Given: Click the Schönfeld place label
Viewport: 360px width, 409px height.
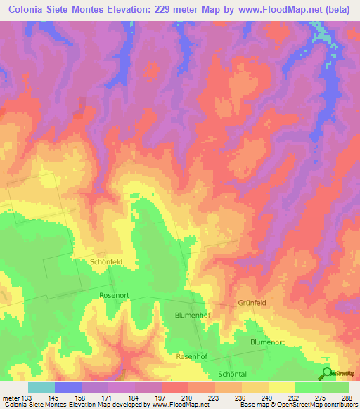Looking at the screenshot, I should tap(107, 261).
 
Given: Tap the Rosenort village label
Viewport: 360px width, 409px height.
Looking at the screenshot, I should tap(116, 296).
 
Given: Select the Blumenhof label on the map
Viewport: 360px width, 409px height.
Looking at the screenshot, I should tap(193, 316).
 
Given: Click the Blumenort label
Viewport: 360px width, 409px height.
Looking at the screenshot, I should tap(267, 342).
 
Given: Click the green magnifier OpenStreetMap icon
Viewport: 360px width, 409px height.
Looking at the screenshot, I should tap(326, 374).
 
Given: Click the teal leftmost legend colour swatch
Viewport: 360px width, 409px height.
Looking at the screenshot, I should tap(41, 387).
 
